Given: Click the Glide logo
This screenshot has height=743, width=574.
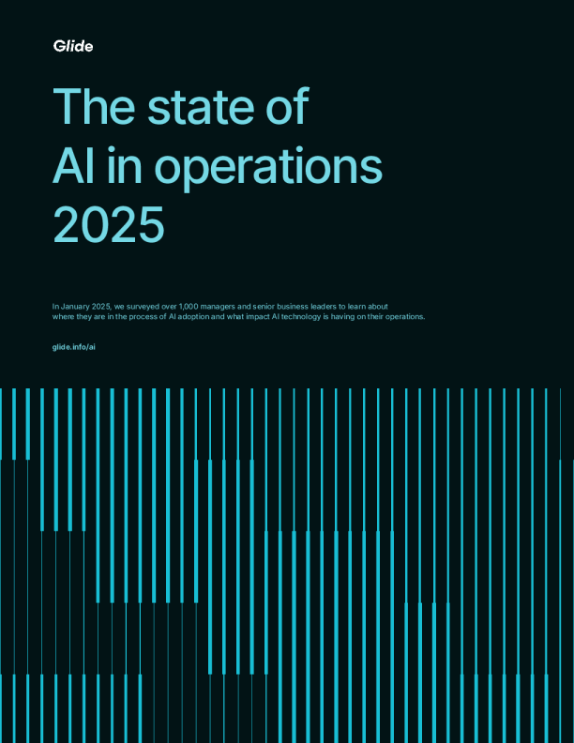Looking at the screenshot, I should click(72, 46).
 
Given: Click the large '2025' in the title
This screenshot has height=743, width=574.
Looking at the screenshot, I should click(109, 226).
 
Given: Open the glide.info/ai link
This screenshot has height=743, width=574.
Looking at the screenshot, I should click(74, 347).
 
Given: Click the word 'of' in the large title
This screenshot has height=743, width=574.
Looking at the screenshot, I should click(286, 107).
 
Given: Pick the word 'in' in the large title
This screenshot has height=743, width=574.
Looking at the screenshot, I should click(120, 167).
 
